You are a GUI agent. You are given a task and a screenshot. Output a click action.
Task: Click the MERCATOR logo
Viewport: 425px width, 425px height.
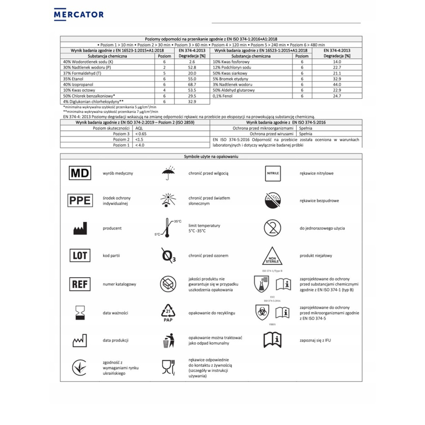[x=79, y=15]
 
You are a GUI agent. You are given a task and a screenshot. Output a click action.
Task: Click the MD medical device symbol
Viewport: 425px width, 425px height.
[x=80, y=173]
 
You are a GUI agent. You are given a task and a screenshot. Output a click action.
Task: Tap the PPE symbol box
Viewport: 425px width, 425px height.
[x=80, y=200]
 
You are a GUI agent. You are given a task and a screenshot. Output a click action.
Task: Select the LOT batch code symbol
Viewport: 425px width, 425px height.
[x=80, y=255]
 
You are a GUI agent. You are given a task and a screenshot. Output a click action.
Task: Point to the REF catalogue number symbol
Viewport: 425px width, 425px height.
[x=80, y=284]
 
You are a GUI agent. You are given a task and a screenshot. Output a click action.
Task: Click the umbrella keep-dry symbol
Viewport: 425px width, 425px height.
[x=168, y=173]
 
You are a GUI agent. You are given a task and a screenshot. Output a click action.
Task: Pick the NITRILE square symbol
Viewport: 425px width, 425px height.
[x=273, y=173]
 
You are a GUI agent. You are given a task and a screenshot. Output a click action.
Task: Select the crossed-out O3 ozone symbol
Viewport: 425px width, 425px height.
[x=168, y=255]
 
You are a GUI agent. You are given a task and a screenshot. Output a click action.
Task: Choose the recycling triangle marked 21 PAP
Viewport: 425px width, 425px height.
[x=168, y=312]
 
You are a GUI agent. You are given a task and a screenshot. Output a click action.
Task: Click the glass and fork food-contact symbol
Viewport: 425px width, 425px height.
[x=168, y=367]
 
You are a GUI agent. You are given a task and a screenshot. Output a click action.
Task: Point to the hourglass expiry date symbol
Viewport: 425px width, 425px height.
[x=80, y=313]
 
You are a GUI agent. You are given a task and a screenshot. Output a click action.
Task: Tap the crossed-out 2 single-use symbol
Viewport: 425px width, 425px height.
[x=272, y=228]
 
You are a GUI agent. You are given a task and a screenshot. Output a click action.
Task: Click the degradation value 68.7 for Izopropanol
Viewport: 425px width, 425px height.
[x=192, y=85]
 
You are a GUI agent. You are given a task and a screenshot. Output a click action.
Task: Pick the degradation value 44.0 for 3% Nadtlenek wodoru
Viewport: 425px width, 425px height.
[x=337, y=85]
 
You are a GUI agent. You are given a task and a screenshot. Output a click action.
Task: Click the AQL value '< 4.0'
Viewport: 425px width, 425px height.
[x=140, y=145]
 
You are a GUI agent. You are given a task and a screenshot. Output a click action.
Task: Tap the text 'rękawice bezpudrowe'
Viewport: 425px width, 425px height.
[x=319, y=201]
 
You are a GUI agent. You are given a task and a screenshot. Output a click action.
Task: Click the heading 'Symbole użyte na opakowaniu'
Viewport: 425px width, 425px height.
[x=211, y=157]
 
